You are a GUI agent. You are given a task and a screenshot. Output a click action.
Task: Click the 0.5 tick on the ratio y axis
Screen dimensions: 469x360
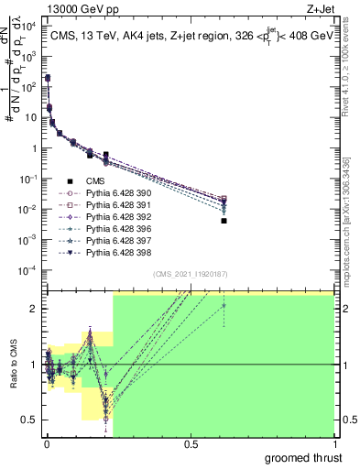(30, 420)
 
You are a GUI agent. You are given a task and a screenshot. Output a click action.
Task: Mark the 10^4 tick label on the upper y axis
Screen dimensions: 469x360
(30, 27)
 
